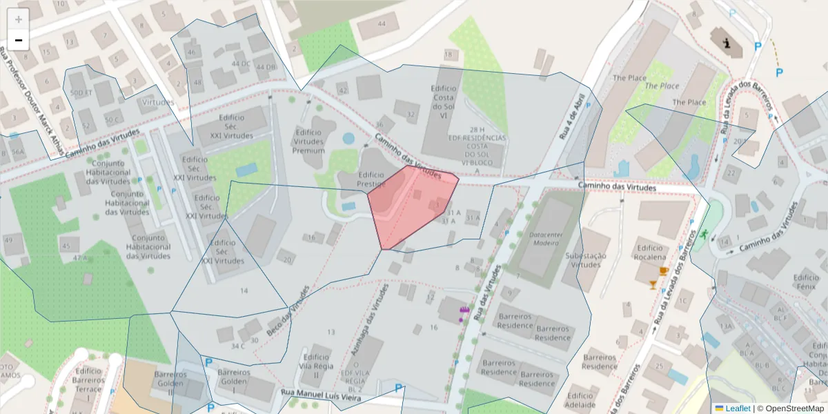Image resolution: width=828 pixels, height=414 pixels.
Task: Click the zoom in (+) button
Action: [x=19, y=19]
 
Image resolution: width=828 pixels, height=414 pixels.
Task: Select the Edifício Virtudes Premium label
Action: [x=308, y=141]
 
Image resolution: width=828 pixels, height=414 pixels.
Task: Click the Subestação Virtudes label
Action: [x=586, y=260]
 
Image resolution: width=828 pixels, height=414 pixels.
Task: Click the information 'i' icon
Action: [x=726, y=43]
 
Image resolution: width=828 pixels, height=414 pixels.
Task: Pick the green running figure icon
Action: [x=703, y=235]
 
